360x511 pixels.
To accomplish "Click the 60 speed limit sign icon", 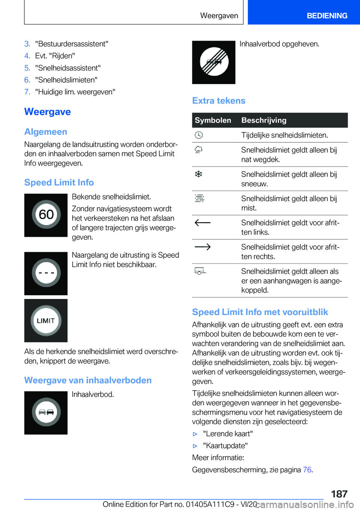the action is click(x=46, y=215).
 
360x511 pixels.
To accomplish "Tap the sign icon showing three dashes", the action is click(x=46, y=273).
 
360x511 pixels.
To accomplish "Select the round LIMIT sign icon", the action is click(x=46, y=320).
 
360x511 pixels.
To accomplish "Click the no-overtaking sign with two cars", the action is click(x=46, y=412).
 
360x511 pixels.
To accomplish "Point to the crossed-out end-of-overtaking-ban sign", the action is click(x=214, y=62).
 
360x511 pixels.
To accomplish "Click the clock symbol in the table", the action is click(x=199, y=135).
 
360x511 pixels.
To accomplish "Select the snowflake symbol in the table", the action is click(x=198, y=174).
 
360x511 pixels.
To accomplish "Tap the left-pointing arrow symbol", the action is click(x=202, y=222).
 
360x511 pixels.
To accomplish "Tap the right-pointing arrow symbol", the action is click(x=202, y=247).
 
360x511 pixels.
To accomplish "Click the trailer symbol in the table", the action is click(x=200, y=271).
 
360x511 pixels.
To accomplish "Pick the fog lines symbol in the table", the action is click(x=199, y=198).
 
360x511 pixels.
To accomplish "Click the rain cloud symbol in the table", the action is click(x=198, y=150).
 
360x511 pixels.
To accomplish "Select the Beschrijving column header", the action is click(x=264, y=120).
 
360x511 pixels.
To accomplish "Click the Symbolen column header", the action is click(x=213, y=120).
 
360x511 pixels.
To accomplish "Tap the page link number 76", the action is click(x=307, y=470).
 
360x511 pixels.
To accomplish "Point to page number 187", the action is click(x=339, y=494).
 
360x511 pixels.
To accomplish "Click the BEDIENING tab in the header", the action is click(x=327, y=16).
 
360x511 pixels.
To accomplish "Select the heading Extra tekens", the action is click(x=219, y=101).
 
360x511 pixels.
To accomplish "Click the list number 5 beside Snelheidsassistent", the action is click(x=27, y=68).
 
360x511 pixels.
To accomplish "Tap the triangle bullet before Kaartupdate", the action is click(x=195, y=446).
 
